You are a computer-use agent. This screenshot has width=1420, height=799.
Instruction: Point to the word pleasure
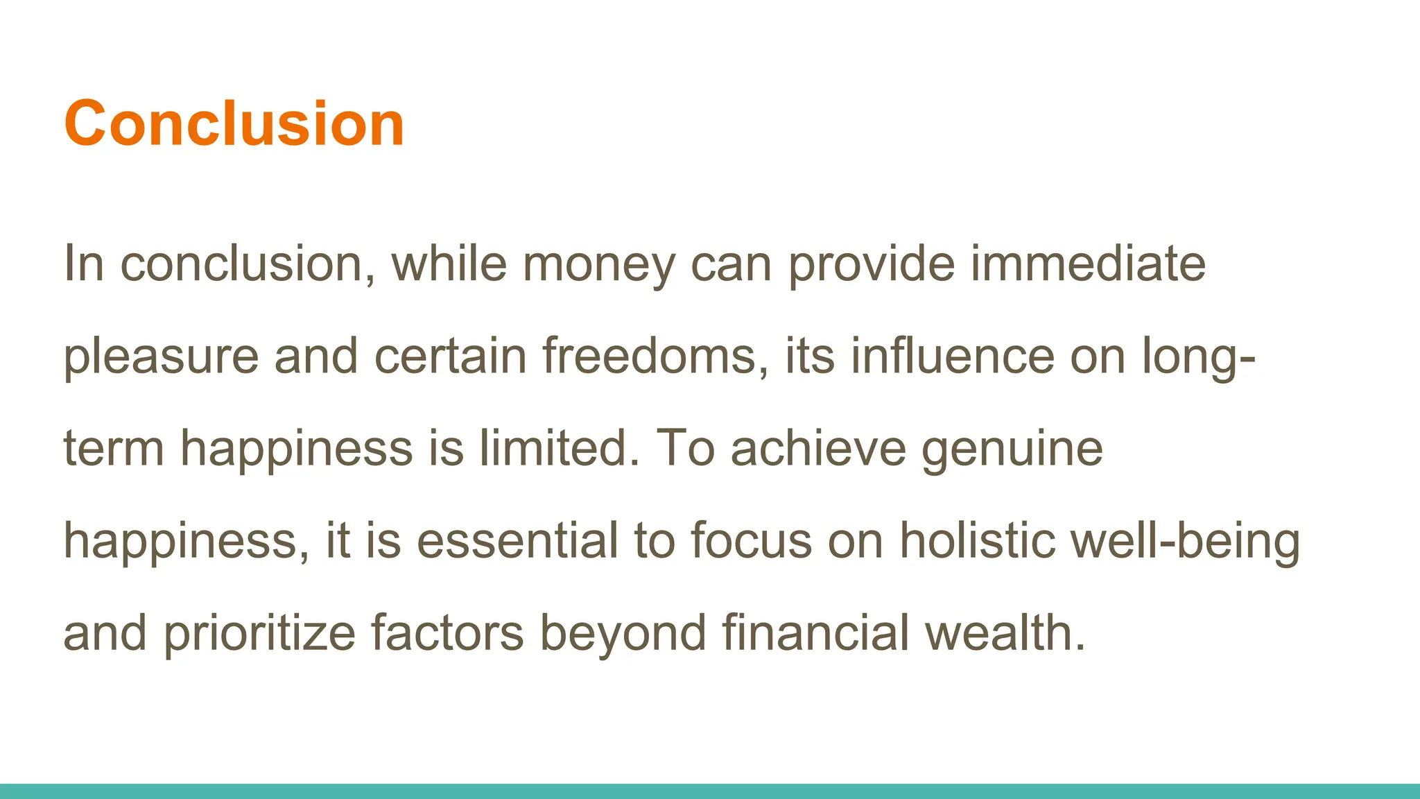point(161,356)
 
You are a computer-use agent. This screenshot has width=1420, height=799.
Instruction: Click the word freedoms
point(655,356)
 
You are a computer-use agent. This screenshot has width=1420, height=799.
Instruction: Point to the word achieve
point(818,449)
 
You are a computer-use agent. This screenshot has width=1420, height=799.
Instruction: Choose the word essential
point(517,541)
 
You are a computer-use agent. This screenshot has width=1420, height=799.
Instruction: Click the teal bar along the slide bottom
point(710,791)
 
